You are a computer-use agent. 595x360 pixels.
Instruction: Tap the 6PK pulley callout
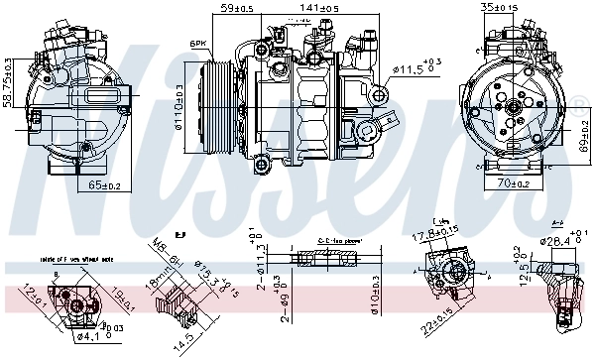[x=197, y=44]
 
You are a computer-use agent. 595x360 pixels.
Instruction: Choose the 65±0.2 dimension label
[x=105, y=184]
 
